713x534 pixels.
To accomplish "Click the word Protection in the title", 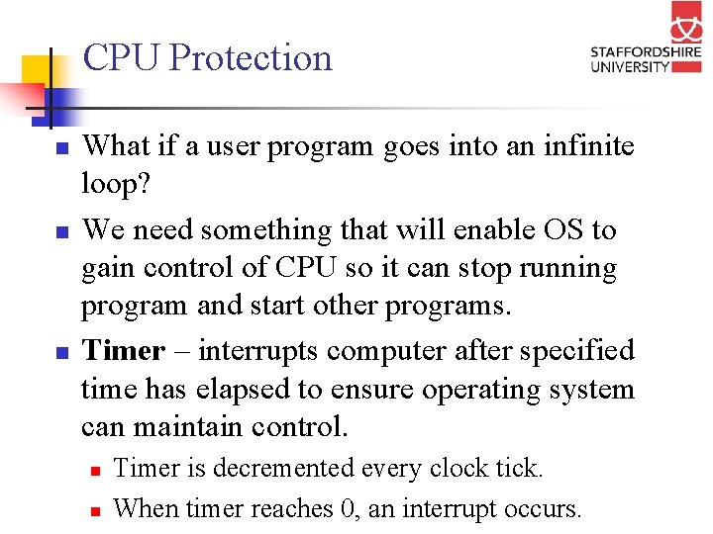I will pos(252,57).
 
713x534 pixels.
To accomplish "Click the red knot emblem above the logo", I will pos(686,22).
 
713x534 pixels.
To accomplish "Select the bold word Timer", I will pos(123,351).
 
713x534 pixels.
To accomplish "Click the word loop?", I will pos(111,185).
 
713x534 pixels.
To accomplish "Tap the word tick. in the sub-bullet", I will pos(517,468).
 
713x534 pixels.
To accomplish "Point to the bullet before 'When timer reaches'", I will pos(96,511).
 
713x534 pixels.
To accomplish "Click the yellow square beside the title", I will pos(37,69).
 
